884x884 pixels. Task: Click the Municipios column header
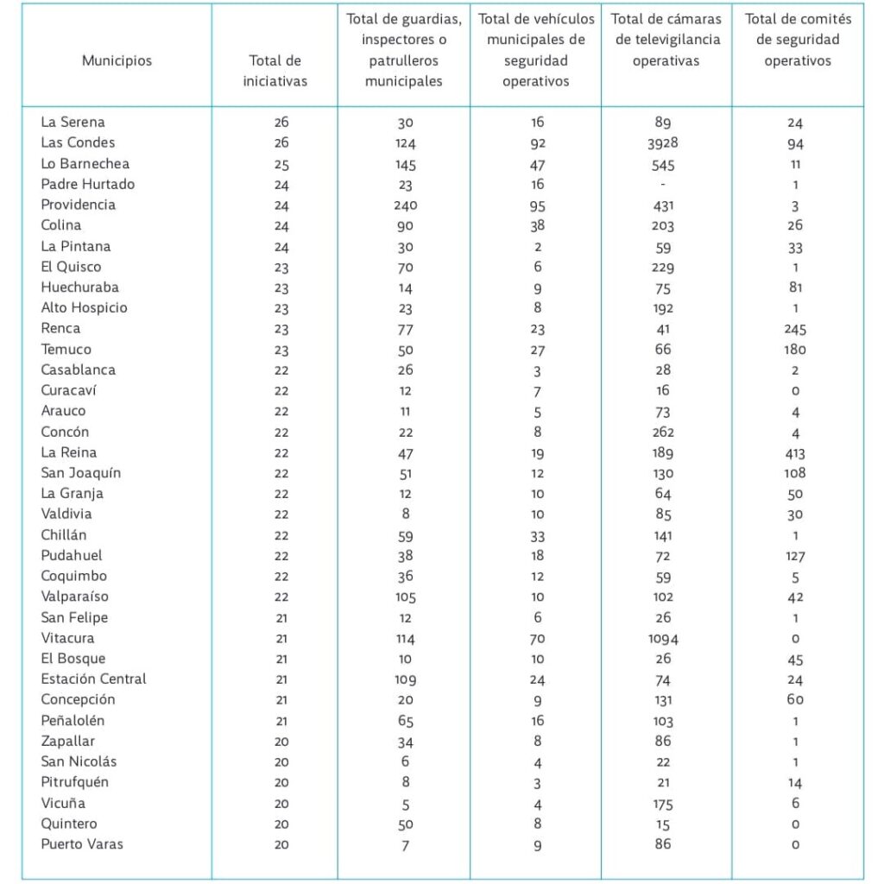pos(117,61)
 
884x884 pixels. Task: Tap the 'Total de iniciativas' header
pos(275,71)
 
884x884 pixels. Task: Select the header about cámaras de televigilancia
pos(666,40)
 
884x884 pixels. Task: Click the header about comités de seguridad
pos(798,40)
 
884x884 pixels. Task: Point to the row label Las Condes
pos(78,142)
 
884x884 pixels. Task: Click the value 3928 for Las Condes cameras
pos(662,143)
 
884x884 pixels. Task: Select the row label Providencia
pos(78,205)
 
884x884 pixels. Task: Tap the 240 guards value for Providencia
pos(406,205)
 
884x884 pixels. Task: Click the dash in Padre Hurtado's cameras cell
pos(662,185)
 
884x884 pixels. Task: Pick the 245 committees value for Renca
pos(795,329)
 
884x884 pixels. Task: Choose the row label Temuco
pos(66,350)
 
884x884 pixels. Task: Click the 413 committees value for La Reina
pos(795,453)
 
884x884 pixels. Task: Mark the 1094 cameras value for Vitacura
pos(663,639)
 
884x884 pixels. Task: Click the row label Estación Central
pos(93,679)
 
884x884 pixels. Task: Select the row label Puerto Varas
pos(82,844)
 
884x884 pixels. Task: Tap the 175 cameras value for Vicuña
pos(663,804)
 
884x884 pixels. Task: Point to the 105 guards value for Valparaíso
pos(406,597)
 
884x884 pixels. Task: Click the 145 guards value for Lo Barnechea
pos(406,165)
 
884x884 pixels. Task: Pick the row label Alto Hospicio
pos(84,308)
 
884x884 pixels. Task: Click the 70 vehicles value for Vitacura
pos(537,639)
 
